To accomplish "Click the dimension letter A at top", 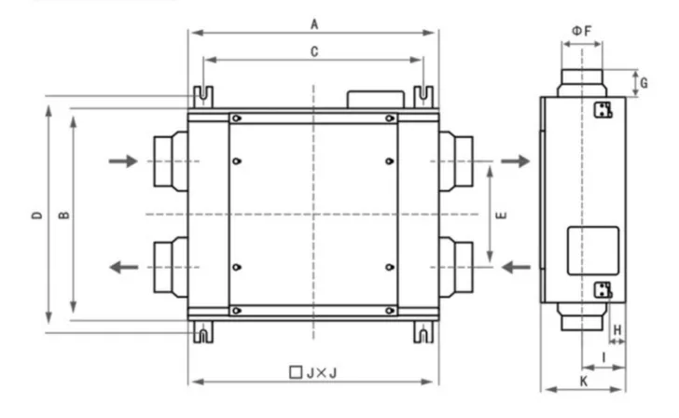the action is (x=314, y=24).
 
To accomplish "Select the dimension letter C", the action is (x=314, y=52).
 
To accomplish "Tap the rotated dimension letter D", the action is (x=37, y=216).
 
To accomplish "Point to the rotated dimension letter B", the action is (x=63, y=215).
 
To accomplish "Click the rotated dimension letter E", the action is (x=501, y=216).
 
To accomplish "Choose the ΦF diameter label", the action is (x=582, y=31).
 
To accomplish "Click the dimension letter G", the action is (x=644, y=83).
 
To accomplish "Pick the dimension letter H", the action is (x=617, y=330).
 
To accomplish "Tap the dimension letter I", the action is (x=604, y=357).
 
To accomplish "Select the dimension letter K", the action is (x=584, y=382).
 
